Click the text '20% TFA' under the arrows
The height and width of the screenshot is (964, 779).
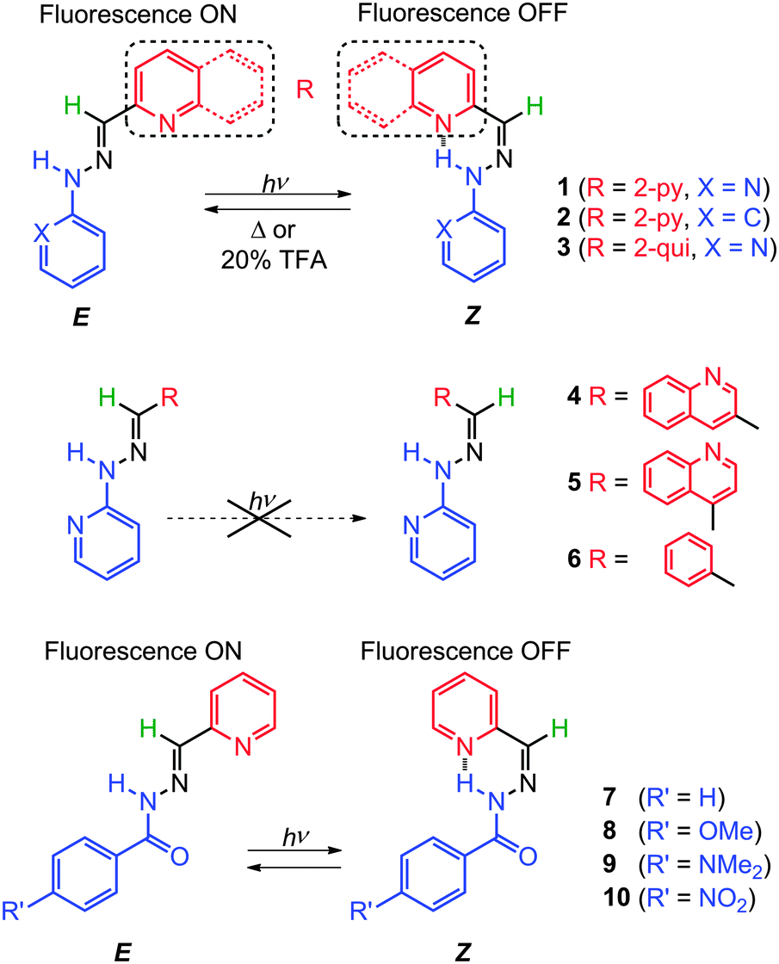(x=275, y=261)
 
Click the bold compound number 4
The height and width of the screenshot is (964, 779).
(x=574, y=396)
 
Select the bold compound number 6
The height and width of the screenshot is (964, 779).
(x=574, y=559)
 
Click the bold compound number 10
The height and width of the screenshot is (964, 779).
(x=617, y=898)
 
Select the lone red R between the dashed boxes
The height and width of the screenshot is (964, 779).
(x=305, y=90)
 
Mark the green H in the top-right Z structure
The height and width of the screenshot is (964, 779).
(x=535, y=107)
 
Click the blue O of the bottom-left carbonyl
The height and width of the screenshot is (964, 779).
(x=180, y=856)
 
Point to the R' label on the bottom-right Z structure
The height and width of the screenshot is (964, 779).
(x=362, y=911)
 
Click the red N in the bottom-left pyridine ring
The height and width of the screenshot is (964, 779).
(x=244, y=747)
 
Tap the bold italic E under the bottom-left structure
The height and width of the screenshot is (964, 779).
(x=122, y=952)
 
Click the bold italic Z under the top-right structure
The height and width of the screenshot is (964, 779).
(x=472, y=316)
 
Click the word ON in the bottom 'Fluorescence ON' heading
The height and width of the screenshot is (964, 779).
(x=223, y=651)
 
